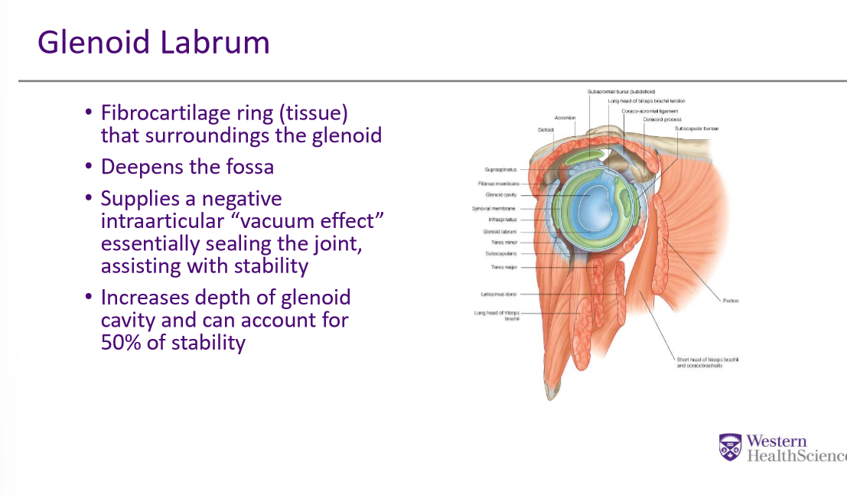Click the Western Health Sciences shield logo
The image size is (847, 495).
coord(730,447)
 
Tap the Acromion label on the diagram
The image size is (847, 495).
coord(565,118)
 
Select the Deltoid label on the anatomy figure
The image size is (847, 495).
coord(546,130)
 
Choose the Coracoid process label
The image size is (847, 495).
coord(662,119)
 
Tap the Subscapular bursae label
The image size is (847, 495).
coord(696,129)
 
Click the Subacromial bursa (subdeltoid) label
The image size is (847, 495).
coord(621,91)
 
